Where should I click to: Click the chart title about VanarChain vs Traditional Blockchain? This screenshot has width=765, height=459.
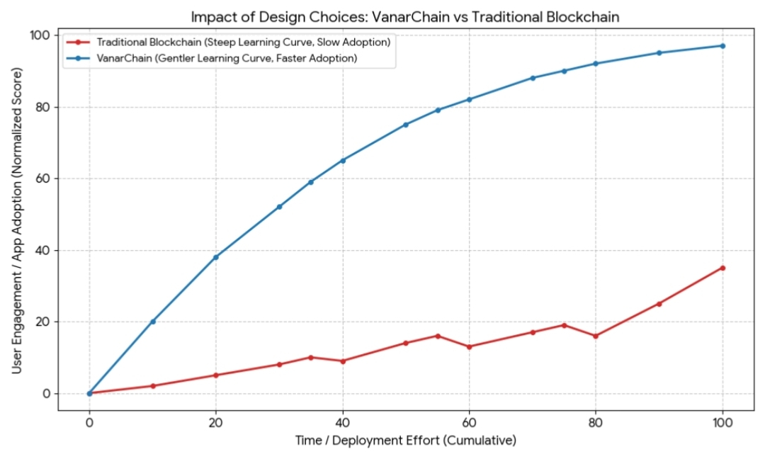click(x=406, y=17)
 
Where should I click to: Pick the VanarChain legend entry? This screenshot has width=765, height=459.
click(x=226, y=59)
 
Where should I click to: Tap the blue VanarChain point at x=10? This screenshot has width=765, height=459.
click(x=152, y=322)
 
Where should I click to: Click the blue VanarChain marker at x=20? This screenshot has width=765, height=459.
click(x=216, y=257)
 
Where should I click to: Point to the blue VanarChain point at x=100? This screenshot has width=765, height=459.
click(x=722, y=46)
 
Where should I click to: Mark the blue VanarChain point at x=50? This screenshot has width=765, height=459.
click(x=406, y=125)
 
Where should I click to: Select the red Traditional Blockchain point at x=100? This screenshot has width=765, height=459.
click(x=722, y=268)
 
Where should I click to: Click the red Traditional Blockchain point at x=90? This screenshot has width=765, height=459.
click(x=659, y=304)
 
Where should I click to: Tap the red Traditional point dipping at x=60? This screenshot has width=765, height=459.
click(x=469, y=346)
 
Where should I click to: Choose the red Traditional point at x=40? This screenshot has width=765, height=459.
click(x=343, y=361)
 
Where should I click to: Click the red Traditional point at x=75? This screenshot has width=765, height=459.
click(x=564, y=325)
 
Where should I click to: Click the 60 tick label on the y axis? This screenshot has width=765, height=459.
click(x=42, y=178)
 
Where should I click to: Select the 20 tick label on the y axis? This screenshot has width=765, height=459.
click(x=42, y=322)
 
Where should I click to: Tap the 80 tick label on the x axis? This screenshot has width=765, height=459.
click(x=596, y=423)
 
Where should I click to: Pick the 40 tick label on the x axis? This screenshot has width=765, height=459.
click(x=343, y=423)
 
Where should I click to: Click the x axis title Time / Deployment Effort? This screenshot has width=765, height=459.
click(x=406, y=441)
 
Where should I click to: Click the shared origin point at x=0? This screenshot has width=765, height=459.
click(x=89, y=393)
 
